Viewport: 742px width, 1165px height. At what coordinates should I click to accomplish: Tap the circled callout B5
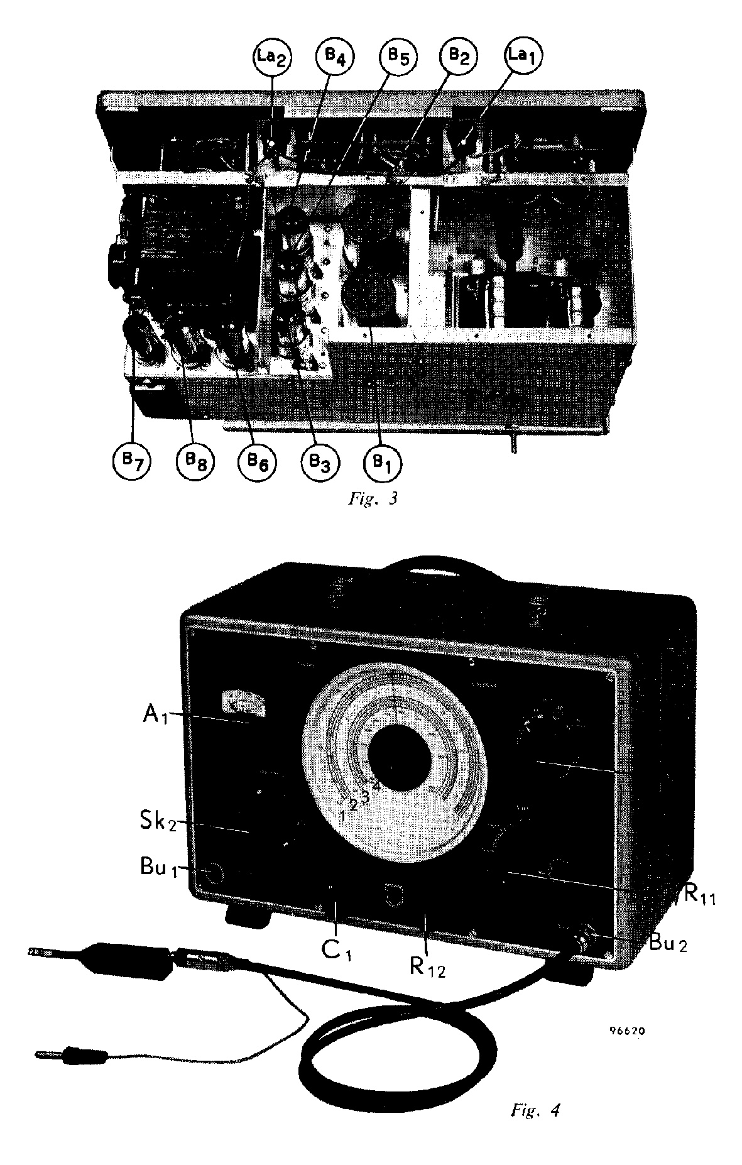(x=396, y=58)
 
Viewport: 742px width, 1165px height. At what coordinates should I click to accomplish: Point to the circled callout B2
(x=459, y=58)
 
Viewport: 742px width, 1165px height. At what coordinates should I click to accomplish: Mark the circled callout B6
(x=256, y=463)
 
